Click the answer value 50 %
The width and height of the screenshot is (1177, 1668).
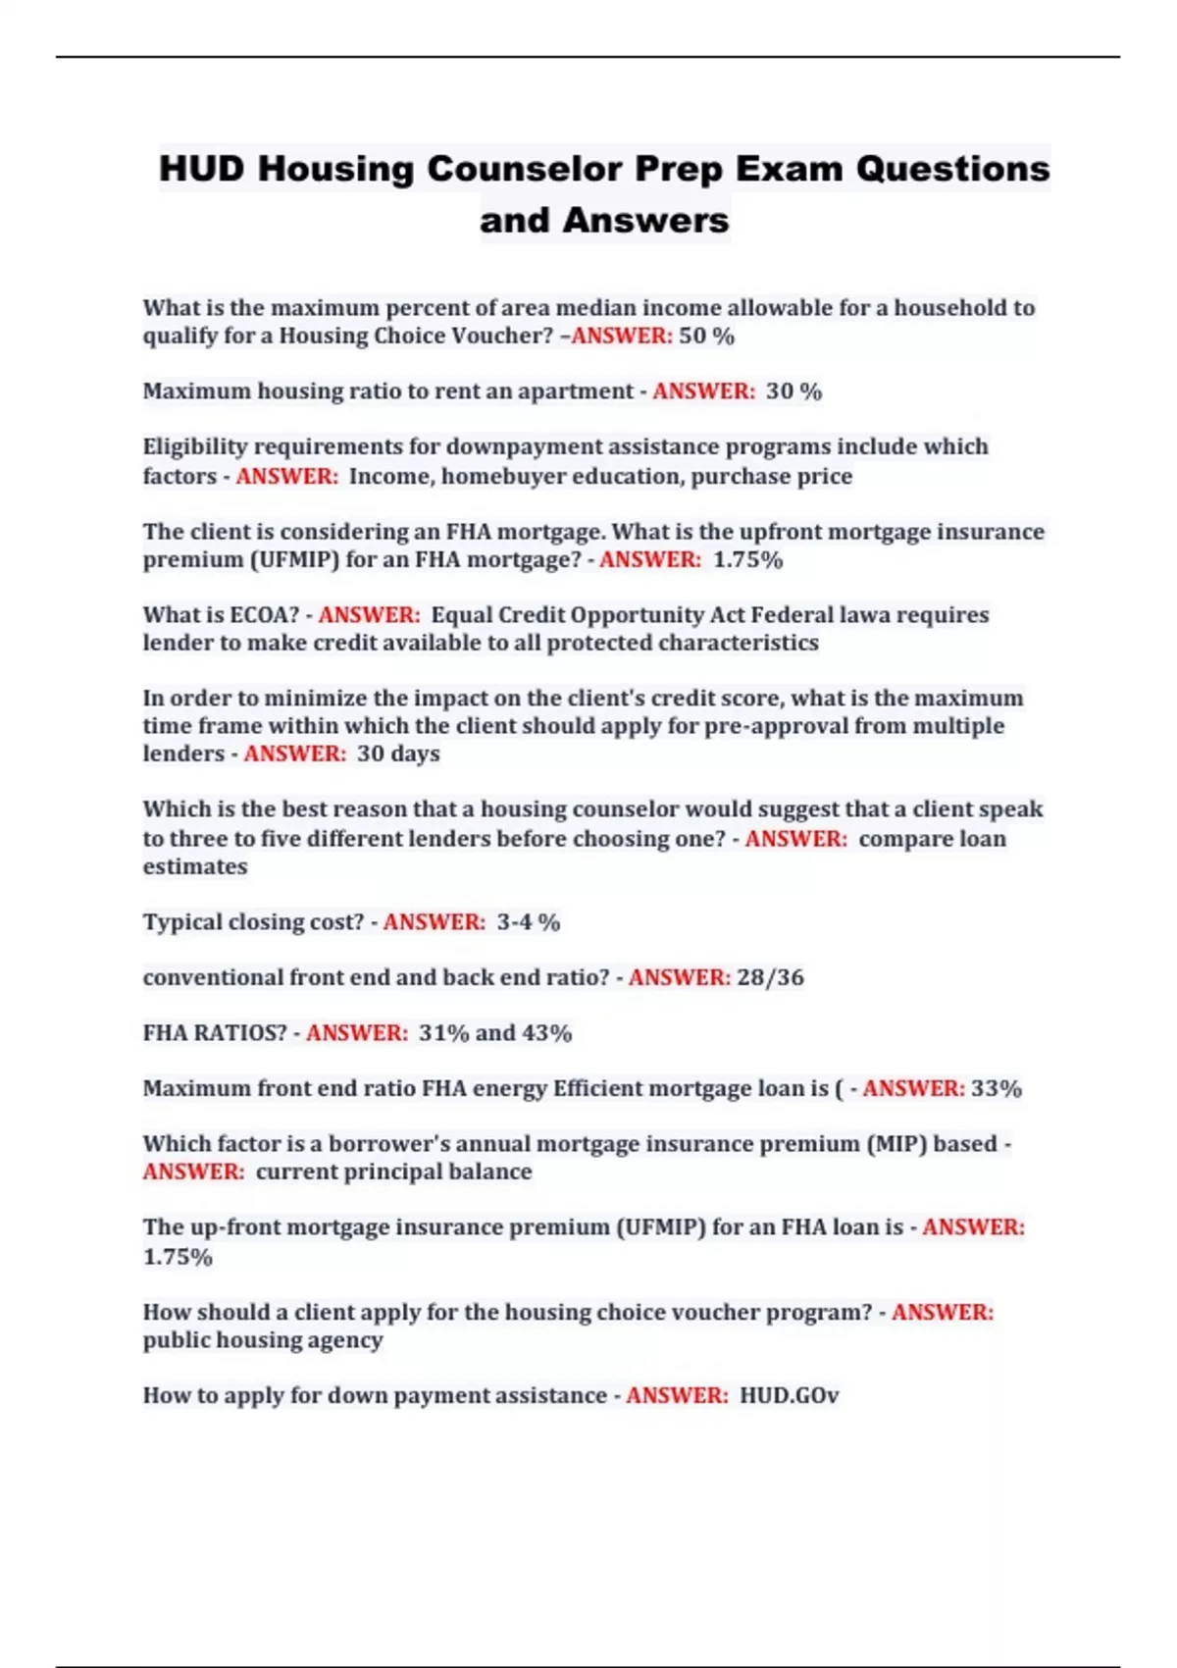706,336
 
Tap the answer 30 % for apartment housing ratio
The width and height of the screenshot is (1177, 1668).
793,391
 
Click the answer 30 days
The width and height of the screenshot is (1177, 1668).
398,754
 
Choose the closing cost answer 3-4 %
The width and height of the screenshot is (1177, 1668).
528,922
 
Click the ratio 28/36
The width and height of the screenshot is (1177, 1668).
770,977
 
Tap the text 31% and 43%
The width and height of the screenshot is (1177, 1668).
494,1033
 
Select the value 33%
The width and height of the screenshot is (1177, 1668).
997,1088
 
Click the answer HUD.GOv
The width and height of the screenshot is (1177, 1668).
789,1395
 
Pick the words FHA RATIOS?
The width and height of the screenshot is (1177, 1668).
215,1033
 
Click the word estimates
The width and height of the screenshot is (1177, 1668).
194,867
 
